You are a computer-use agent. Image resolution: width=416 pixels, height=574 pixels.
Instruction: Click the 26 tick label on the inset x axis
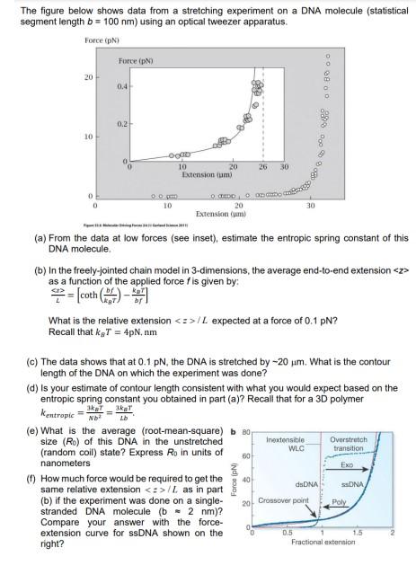click(262, 167)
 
